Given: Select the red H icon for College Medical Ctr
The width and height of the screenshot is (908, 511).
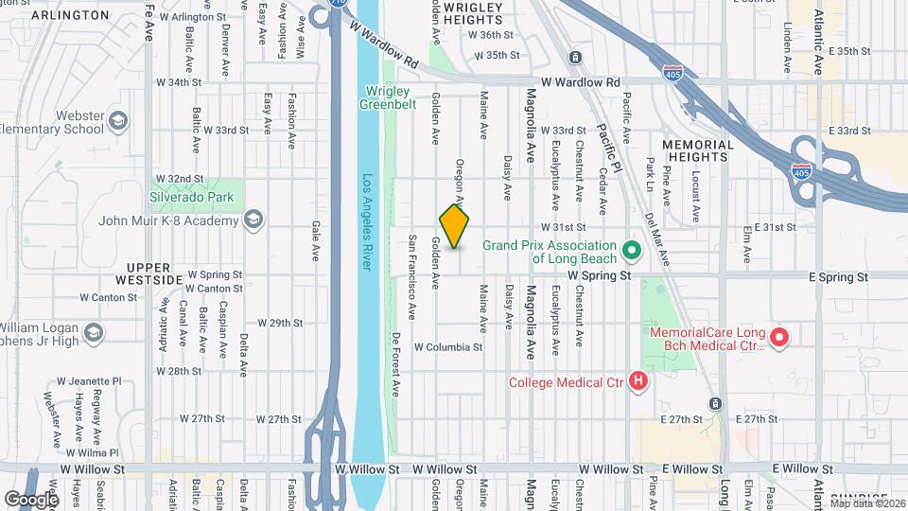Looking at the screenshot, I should tap(638, 382).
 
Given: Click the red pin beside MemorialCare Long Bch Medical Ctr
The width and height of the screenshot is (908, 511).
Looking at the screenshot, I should tap(779, 336).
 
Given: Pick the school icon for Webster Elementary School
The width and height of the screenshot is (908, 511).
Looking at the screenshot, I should tap(117, 120).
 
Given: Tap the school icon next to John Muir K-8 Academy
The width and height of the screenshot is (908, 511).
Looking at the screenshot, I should tap(253, 220).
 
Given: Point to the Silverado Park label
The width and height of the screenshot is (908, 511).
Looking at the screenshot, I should tap(191, 197).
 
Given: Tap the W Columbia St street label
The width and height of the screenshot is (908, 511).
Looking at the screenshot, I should tap(447, 346).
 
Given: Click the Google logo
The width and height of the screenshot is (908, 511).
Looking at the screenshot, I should tap(31, 499).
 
